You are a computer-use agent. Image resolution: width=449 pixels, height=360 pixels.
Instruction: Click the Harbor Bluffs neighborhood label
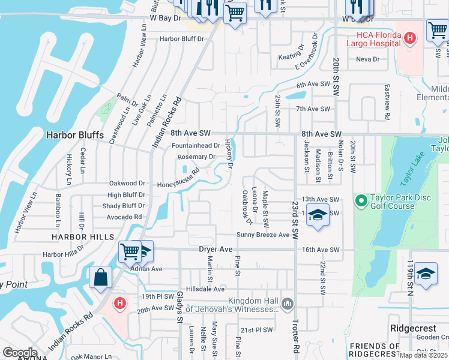75,136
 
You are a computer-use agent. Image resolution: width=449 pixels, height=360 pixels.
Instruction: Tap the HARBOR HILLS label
74,237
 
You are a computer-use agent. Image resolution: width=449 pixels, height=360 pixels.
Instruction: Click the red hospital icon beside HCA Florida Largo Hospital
410,39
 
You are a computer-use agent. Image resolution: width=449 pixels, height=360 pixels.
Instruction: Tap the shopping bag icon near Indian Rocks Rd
100,277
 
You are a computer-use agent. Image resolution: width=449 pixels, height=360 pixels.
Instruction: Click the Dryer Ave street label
215,249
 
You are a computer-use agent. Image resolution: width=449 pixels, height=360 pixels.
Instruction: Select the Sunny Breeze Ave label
263,235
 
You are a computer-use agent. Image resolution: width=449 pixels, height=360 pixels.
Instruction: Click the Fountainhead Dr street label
196,146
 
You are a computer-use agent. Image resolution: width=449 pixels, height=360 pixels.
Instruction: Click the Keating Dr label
291,58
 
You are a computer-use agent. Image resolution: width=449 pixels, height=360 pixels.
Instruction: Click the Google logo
20,353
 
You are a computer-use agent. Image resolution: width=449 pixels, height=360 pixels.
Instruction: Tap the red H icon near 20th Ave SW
119,304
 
